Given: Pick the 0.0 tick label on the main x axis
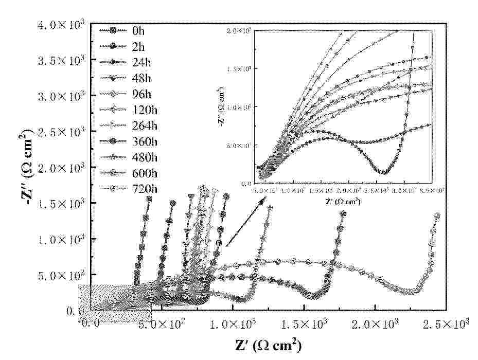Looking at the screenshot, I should (x=91, y=325).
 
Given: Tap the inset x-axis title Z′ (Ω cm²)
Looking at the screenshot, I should (x=343, y=201).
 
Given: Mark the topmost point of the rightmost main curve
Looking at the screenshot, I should (x=437, y=216).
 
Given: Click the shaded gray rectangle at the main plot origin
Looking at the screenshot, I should (x=114, y=304).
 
